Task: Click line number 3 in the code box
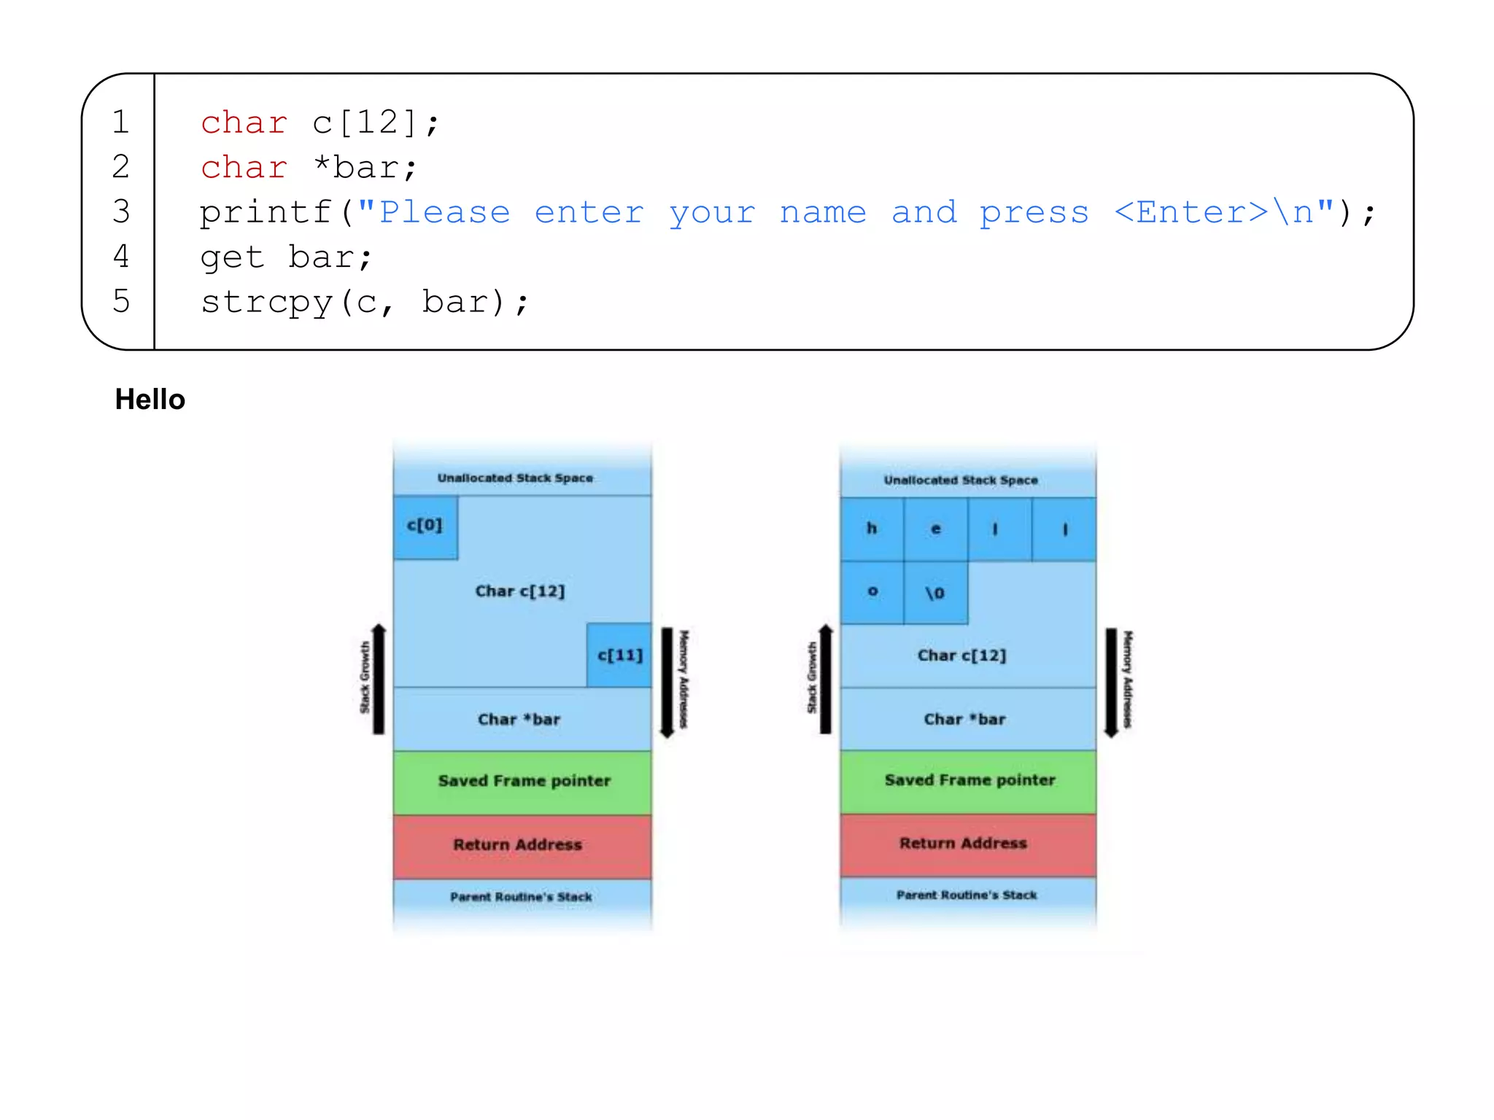tap(121, 211)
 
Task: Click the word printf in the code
tap(266, 213)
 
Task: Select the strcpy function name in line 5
tap(266, 303)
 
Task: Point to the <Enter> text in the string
tap(1191, 212)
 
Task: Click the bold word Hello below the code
tap(150, 400)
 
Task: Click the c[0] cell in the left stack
tap(425, 526)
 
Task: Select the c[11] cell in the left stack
tap(619, 655)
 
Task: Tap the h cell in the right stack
tap(872, 529)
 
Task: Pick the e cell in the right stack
tap(936, 529)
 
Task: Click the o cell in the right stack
tap(872, 592)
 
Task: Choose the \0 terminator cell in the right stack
tap(935, 593)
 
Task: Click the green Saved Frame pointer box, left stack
tap(523, 781)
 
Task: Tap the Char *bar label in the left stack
tap(519, 720)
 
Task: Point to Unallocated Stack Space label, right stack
tap(961, 480)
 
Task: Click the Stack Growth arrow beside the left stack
tap(379, 680)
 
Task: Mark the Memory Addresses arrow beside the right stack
tap(1111, 682)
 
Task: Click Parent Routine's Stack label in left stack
tap(521, 897)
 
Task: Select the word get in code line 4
tap(232, 258)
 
